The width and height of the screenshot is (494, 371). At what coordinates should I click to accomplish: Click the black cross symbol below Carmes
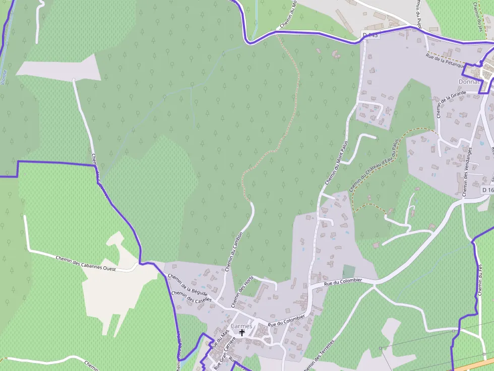(x=242, y=333)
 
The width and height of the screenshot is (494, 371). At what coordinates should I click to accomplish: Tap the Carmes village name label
(x=241, y=326)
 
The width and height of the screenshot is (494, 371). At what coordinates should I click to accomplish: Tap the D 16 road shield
(x=487, y=190)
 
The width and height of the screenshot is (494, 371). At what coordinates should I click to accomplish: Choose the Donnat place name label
(x=467, y=82)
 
